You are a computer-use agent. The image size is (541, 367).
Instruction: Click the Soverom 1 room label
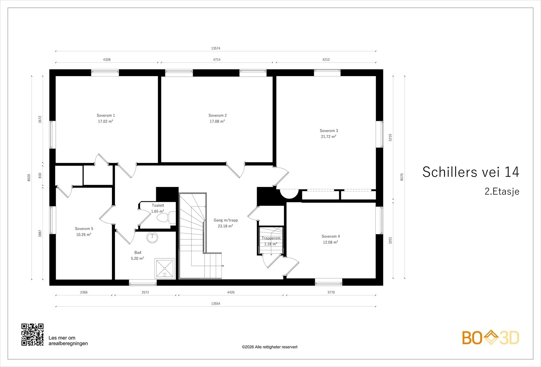click(106, 115)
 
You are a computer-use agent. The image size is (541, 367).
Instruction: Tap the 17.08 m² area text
click(217, 121)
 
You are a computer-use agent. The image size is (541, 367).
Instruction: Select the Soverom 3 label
click(329, 131)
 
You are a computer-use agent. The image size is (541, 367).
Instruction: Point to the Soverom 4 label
click(331, 236)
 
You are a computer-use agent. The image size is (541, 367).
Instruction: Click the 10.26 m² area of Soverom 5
click(84, 234)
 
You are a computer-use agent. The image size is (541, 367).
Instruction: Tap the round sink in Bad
click(152, 237)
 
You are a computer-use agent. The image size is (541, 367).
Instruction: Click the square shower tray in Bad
click(165, 268)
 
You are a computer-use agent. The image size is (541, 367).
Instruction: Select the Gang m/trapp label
click(226, 220)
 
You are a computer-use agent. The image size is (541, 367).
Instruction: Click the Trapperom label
click(271, 238)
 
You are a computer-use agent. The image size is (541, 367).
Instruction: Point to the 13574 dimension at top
click(216, 48)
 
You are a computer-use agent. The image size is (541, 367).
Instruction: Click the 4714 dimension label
click(217, 60)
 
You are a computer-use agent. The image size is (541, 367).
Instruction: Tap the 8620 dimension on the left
click(29, 178)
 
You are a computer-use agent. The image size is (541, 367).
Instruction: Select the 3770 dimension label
click(331, 292)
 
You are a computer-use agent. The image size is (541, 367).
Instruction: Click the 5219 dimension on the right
click(390, 138)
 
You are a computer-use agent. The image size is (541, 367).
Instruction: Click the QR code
click(32, 335)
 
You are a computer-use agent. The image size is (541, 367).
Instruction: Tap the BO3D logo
click(491, 338)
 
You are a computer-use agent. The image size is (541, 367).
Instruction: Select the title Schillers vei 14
click(471, 172)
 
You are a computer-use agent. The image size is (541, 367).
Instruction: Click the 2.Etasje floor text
click(502, 191)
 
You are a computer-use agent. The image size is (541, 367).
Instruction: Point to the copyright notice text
click(269, 347)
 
